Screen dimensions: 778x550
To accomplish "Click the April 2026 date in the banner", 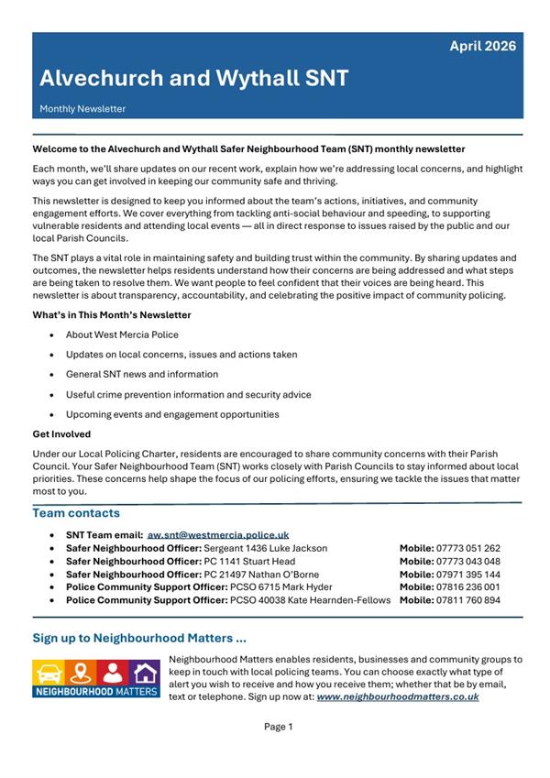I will (482, 46).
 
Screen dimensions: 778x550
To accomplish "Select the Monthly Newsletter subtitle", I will (82, 109).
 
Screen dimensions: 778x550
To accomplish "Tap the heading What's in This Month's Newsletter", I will (112, 315).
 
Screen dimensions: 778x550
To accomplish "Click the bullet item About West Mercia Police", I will (122, 335).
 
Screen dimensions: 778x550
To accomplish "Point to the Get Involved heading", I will (61, 434).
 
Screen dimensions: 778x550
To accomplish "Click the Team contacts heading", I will (76, 513).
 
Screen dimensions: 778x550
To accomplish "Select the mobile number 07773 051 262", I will (468, 548).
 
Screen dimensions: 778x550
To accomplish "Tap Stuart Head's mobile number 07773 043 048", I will (468, 561).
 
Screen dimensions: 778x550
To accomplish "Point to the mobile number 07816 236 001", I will (468, 587).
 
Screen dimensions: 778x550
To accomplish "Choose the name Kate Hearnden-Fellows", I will (334, 600).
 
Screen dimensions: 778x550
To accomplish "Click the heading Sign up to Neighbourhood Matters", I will (139, 638).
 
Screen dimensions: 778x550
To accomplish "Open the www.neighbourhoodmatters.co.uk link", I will (398, 696).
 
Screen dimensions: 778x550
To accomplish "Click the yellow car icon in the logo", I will (49, 672).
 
